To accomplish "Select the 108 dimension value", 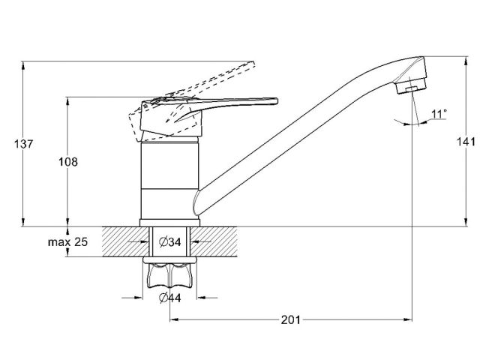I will click(x=88, y=162).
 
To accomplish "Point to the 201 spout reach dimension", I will click(x=291, y=320).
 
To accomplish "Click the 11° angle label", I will click(x=439, y=114).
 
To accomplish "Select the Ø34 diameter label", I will click(x=170, y=242).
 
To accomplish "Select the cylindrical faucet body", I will click(x=170, y=180).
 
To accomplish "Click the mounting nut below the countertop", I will click(x=170, y=277).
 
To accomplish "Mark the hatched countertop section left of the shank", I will click(x=105, y=242).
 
